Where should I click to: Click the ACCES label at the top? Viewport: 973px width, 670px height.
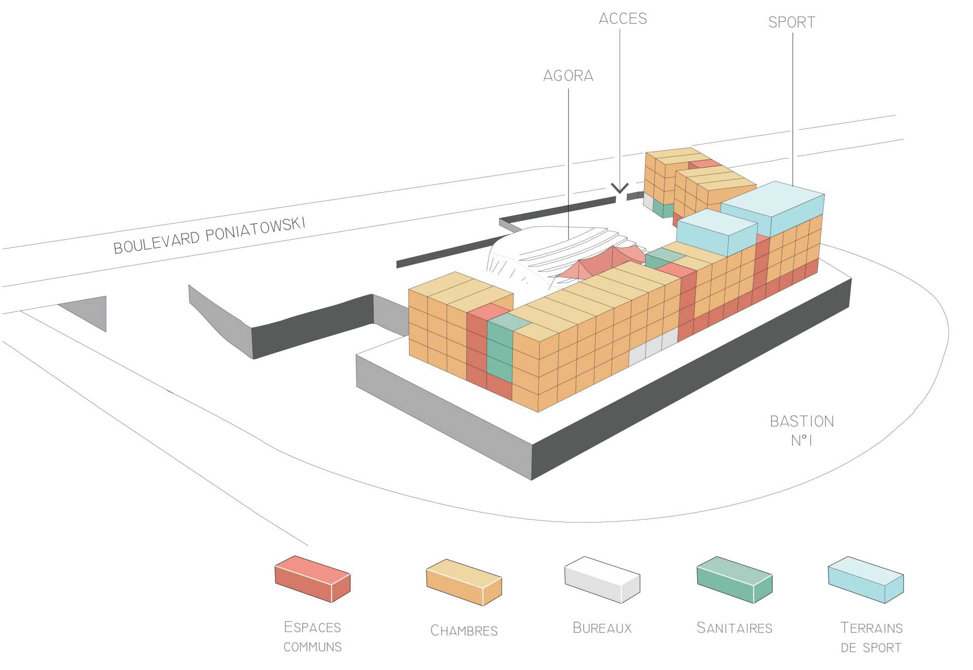pyautogui.click(x=623, y=19)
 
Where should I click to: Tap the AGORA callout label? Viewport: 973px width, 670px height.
pyautogui.click(x=568, y=76)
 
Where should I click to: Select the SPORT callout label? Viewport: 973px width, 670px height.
pyautogui.click(x=792, y=23)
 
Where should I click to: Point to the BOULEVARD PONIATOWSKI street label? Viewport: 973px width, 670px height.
pyautogui.click(x=209, y=236)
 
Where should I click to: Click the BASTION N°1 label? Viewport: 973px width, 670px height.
pyautogui.click(x=802, y=430)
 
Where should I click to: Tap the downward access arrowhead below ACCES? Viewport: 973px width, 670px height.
pyautogui.click(x=619, y=189)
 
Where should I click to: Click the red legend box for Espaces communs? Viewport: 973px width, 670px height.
pyautogui.click(x=312, y=579)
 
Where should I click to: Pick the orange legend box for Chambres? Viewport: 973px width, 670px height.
pyautogui.click(x=464, y=582)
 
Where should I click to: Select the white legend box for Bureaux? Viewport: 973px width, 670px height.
pyautogui.click(x=602, y=579)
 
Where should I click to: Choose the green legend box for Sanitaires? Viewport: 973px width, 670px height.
pyautogui.click(x=734, y=579)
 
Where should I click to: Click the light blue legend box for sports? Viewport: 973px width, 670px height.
pyautogui.click(x=866, y=580)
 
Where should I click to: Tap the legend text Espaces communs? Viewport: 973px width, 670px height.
pyautogui.click(x=313, y=637)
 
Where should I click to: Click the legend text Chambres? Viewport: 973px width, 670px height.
pyautogui.click(x=464, y=630)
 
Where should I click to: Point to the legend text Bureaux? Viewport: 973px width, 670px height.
pyautogui.click(x=602, y=628)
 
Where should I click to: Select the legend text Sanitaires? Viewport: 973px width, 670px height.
pyautogui.click(x=734, y=628)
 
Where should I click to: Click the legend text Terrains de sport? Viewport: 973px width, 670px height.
pyautogui.click(x=871, y=638)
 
